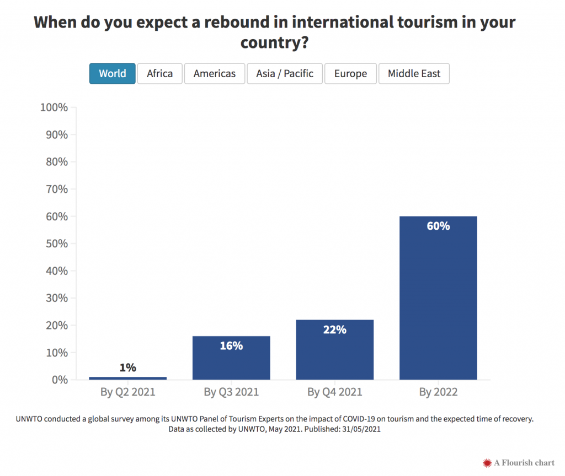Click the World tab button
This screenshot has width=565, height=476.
pos(113,74)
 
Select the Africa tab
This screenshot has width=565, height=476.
pos(159,74)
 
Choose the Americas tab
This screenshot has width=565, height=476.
pos(214,74)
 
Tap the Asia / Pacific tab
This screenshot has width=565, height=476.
pos(284,74)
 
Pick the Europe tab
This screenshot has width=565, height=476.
pos(350,74)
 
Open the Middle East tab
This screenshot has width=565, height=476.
pos(414,74)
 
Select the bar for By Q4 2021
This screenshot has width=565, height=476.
pos(335,353)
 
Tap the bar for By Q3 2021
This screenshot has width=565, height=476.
pos(231,361)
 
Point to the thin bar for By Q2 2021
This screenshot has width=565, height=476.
pos(128,378)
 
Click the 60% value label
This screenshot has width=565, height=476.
pos(438,226)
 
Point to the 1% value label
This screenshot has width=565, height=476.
pos(128,367)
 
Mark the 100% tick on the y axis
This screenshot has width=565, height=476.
pos(54,107)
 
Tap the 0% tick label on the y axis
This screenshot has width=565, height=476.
pos(58,380)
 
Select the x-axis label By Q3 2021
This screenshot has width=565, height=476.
pos(231,392)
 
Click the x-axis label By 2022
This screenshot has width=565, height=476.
pos(438,392)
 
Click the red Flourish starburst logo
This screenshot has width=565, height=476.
pos(487,463)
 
